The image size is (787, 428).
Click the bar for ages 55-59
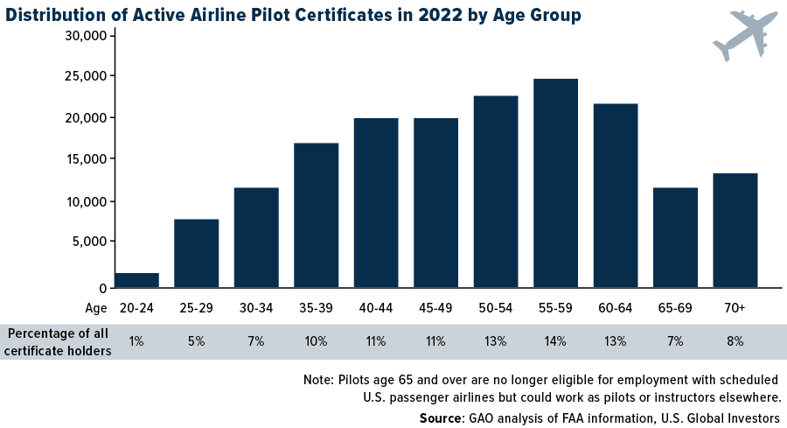(x=555, y=183)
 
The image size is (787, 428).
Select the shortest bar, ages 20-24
(x=136, y=280)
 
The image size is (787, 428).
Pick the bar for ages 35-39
(x=316, y=215)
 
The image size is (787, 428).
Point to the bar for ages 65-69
(x=675, y=237)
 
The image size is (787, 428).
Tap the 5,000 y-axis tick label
(x=89, y=242)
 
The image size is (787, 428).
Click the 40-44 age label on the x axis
(x=376, y=308)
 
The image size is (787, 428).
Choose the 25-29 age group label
(x=196, y=308)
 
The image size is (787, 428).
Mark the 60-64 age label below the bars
(x=616, y=308)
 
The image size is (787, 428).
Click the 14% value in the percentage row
(x=555, y=341)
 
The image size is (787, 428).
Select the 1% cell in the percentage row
(x=136, y=341)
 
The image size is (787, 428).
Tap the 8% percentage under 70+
(x=735, y=341)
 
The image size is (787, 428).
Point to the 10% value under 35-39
(x=316, y=341)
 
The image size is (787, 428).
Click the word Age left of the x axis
(x=96, y=308)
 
